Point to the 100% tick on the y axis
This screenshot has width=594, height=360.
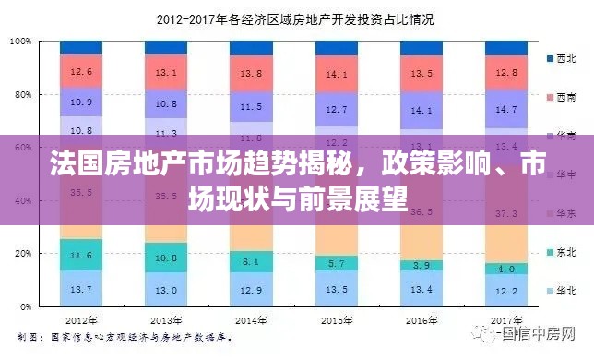tap(22, 42)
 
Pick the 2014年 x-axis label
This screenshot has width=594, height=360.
tap(251, 320)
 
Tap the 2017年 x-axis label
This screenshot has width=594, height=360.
tap(505, 320)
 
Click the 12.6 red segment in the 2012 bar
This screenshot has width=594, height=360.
tap(81, 71)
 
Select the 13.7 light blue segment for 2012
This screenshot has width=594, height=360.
tap(81, 289)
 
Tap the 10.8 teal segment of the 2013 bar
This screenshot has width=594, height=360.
tap(166, 258)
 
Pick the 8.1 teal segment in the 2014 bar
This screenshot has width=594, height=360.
tap(251, 262)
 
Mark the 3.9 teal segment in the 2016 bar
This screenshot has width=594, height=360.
tap(422, 265)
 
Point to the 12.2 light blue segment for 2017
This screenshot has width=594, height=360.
tap(506, 291)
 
